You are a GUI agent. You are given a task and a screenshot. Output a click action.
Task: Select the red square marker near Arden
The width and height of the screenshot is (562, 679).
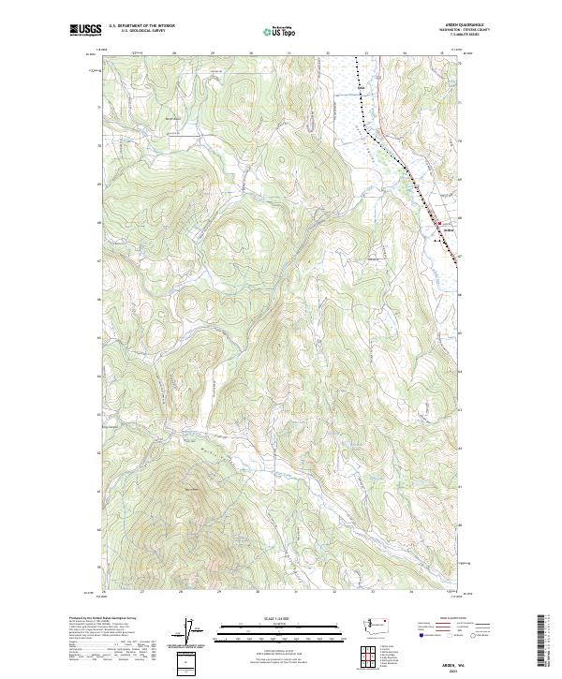(x=437, y=223)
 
